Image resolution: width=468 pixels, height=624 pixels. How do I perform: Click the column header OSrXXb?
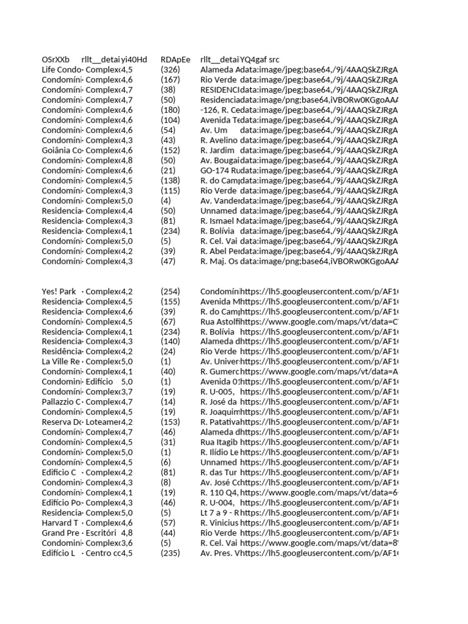click(x=55, y=60)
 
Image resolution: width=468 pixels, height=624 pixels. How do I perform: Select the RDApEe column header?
click(x=175, y=60)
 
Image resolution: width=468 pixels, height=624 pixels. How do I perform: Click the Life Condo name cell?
click(x=61, y=70)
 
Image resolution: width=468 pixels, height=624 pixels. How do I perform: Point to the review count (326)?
click(x=171, y=70)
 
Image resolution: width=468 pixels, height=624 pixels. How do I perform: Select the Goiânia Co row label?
click(x=62, y=151)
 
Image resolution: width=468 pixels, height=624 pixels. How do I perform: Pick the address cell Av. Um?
click(x=214, y=130)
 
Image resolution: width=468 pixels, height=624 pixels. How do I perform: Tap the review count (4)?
click(x=166, y=200)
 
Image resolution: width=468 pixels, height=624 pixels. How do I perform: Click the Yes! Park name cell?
click(x=59, y=291)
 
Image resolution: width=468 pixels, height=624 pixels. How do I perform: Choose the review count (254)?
click(x=171, y=291)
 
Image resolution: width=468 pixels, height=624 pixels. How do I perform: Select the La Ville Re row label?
click(x=61, y=361)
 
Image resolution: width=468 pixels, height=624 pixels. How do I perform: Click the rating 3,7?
click(x=127, y=392)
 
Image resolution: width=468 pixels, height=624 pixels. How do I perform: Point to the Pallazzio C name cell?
click(x=61, y=402)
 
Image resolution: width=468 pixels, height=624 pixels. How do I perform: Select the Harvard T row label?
click(x=60, y=522)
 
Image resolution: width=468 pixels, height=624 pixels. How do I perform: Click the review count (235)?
click(x=171, y=553)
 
